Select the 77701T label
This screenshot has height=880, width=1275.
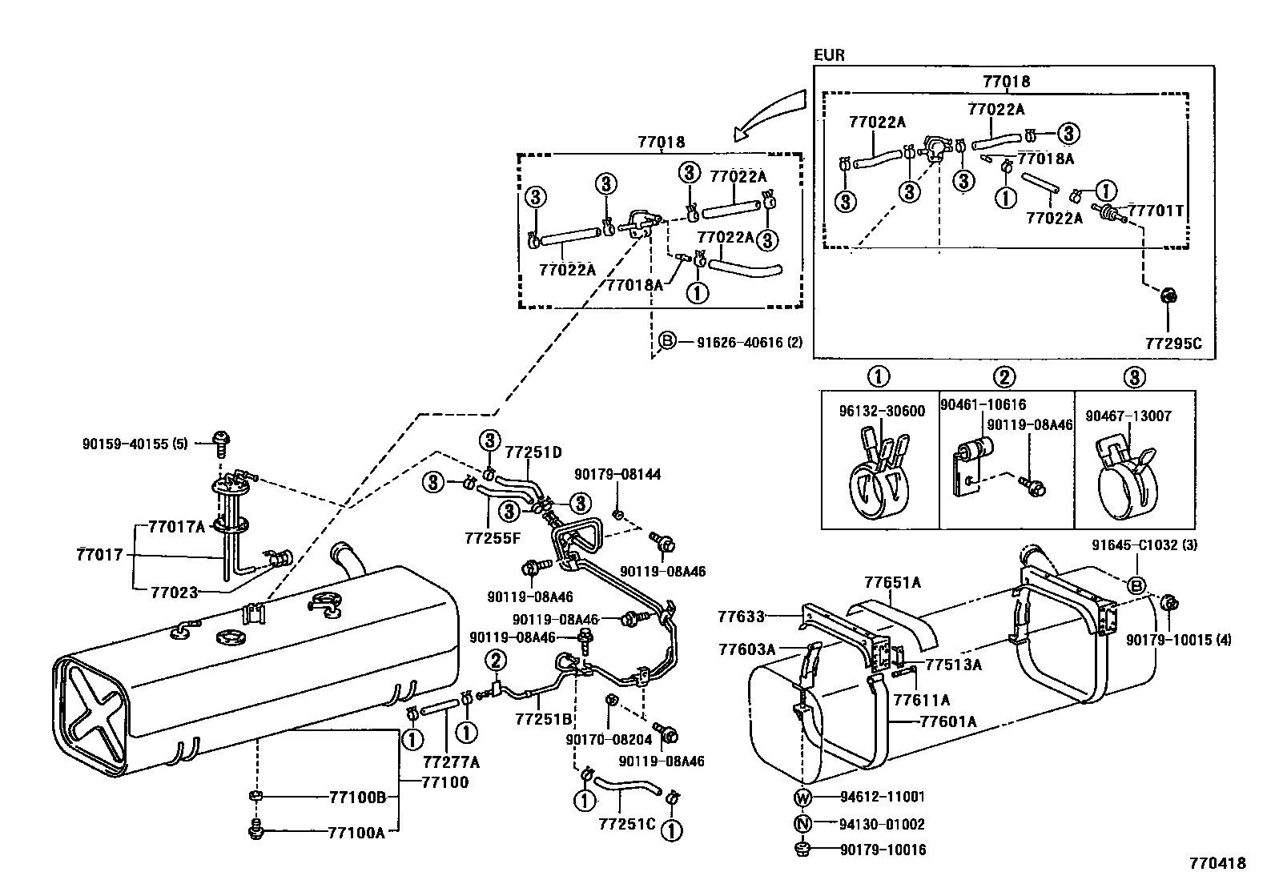tap(1155, 211)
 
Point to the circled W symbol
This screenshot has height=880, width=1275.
tap(803, 798)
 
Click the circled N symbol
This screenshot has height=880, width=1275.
tap(803, 824)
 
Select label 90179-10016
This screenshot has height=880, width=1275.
tap(882, 850)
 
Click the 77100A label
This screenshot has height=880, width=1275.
tap(356, 833)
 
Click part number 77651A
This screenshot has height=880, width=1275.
tap(891, 583)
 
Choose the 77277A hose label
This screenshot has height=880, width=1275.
tap(450, 761)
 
